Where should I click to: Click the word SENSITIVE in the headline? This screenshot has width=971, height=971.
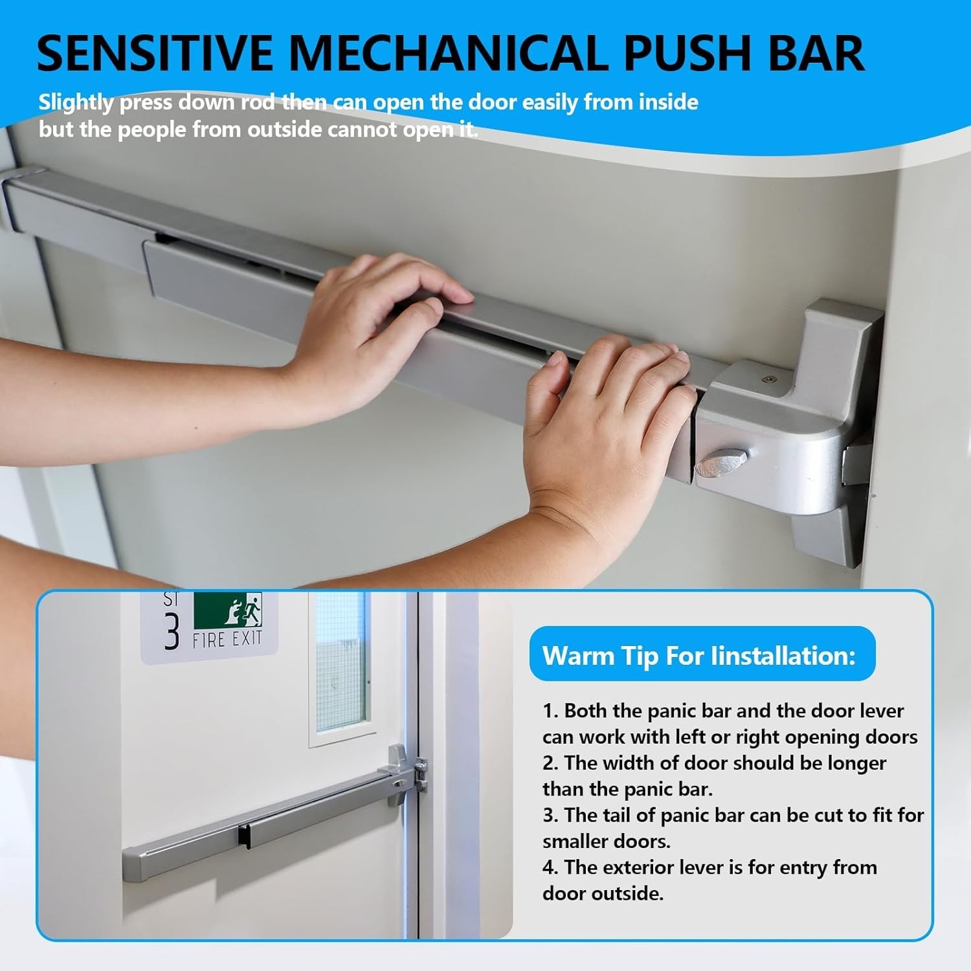(155, 53)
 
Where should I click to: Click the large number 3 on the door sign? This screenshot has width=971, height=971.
(172, 631)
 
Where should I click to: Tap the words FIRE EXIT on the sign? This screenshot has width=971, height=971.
(227, 640)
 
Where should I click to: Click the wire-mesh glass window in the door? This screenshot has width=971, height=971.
(340, 660)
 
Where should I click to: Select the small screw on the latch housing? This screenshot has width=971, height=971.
(768, 379)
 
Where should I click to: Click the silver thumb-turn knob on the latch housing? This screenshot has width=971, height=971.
(720, 463)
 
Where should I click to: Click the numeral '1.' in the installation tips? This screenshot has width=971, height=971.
(550, 711)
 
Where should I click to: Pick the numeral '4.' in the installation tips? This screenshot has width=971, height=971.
(550, 867)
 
